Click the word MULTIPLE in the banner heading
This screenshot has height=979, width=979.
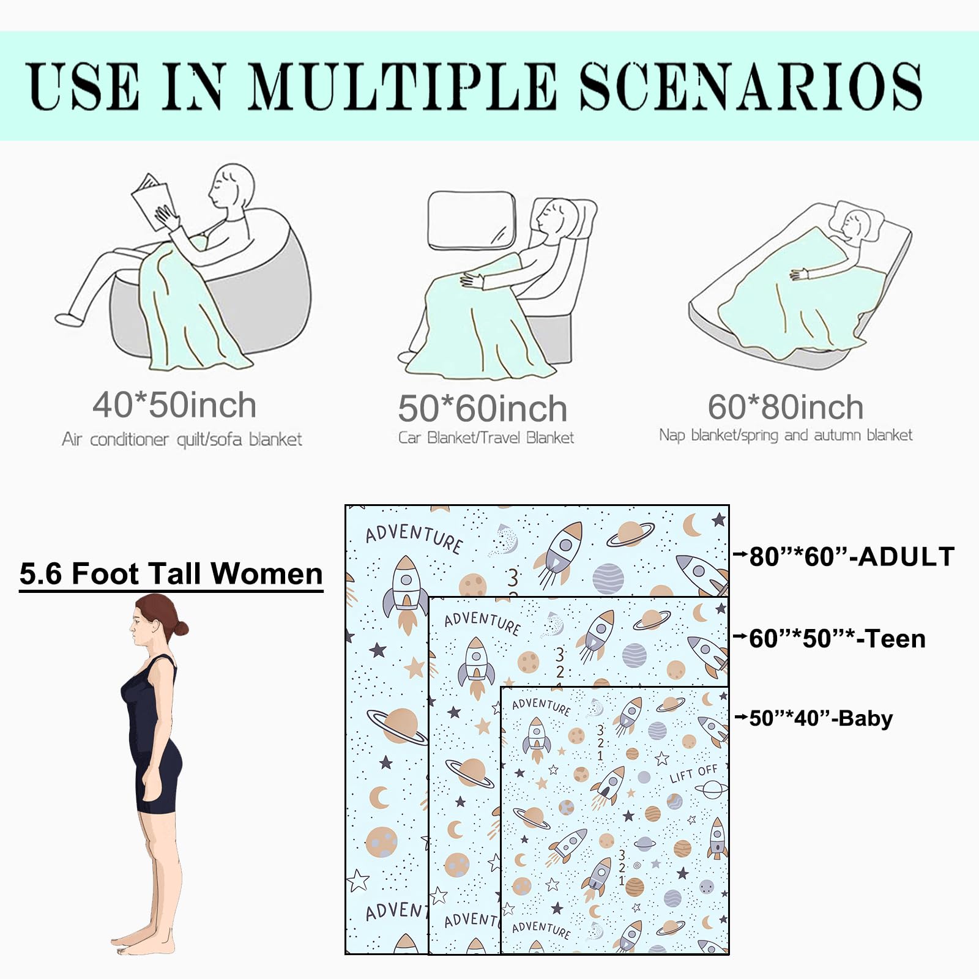pyautogui.click(x=402, y=86)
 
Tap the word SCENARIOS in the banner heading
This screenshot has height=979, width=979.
pyautogui.click(x=751, y=86)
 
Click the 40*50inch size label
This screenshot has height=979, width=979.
pyautogui.click(x=174, y=405)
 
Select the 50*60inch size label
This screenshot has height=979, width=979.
pyautogui.click(x=483, y=408)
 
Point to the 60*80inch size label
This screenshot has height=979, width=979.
pyautogui.click(x=786, y=407)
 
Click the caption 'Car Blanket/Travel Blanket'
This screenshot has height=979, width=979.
pyautogui.click(x=486, y=437)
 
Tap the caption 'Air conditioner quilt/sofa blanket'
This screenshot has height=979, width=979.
pyautogui.click(x=182, y=439)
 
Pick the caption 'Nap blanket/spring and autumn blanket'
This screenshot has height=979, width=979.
pyautogui.click(x=786, y=435)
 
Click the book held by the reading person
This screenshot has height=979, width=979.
pyautogui.click(x=152, y=201)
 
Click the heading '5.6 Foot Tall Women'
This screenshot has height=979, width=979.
pyautogui.click(x=171, y=574)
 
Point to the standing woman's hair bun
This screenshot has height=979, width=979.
pyautogui.click(x=181, y=627)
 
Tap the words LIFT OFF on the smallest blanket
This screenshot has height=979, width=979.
pyautogui.click(x=693, y=773)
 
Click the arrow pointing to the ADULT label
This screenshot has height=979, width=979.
pyautogui.click(x=740, y=555)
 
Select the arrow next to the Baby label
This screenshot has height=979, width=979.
pyautogui.click(x=741, y=717)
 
